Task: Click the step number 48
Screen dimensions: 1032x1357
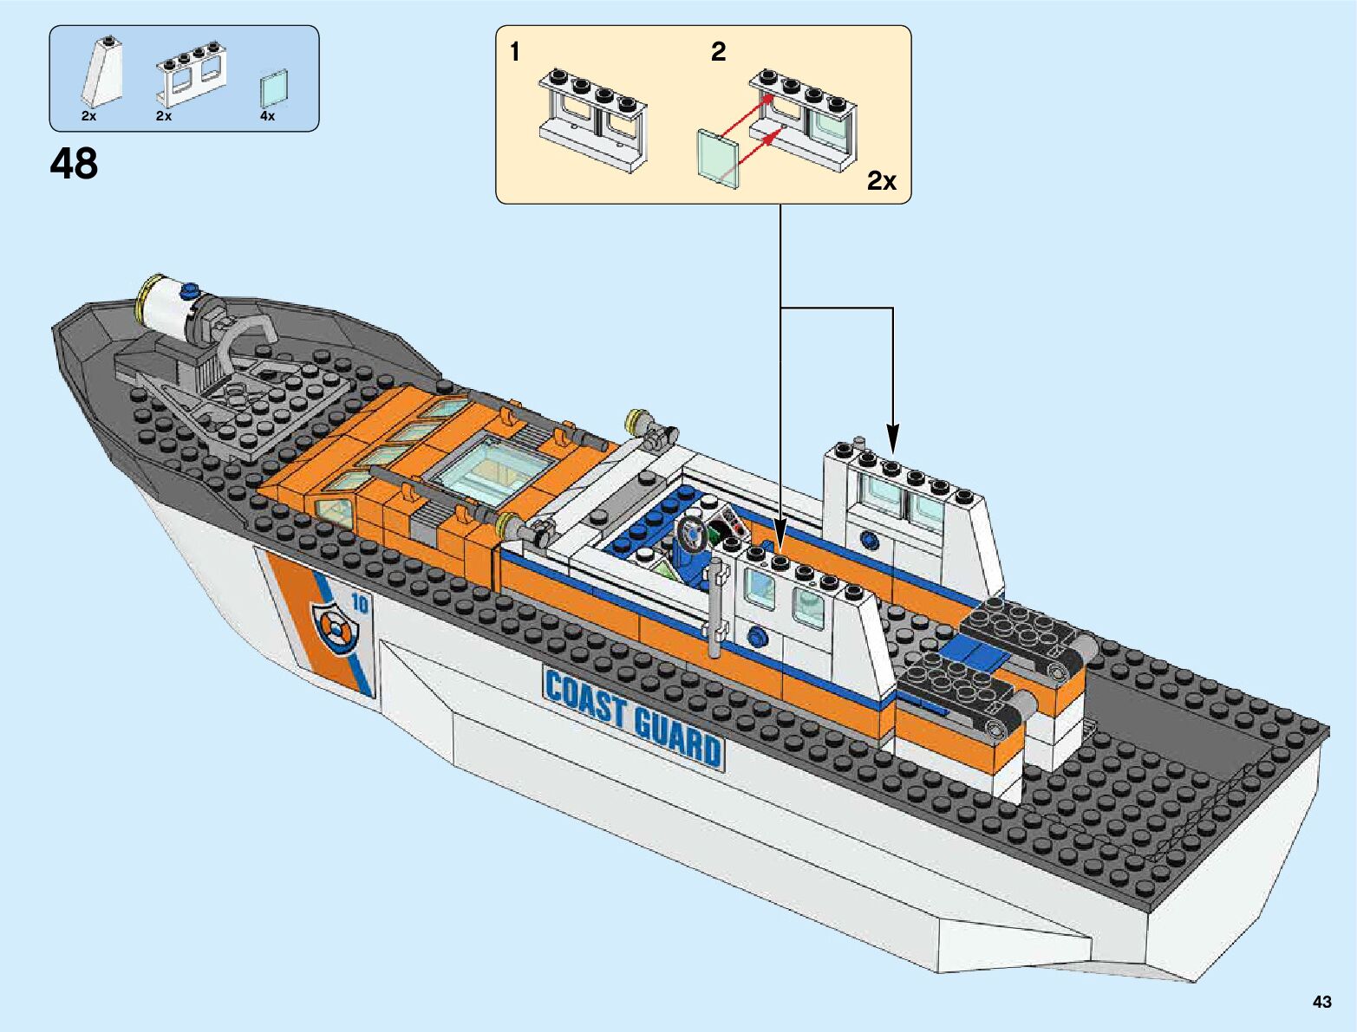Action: point(75,164)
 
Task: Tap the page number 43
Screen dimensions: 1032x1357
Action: point(1321,1002)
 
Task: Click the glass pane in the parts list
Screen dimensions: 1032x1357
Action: point(274,88)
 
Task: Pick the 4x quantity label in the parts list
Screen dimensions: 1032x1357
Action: point(267,116)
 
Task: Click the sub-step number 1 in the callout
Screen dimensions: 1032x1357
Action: point(515,52)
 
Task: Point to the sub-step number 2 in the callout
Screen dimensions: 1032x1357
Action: point(718,52)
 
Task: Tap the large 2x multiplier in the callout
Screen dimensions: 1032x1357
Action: point(882,180)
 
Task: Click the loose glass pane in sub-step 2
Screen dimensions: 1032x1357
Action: point(718,157)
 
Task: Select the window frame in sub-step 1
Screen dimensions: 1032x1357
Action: point(593,118)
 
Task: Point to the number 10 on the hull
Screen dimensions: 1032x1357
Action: point(359,604)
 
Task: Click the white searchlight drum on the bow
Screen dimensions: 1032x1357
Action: point(170,308)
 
